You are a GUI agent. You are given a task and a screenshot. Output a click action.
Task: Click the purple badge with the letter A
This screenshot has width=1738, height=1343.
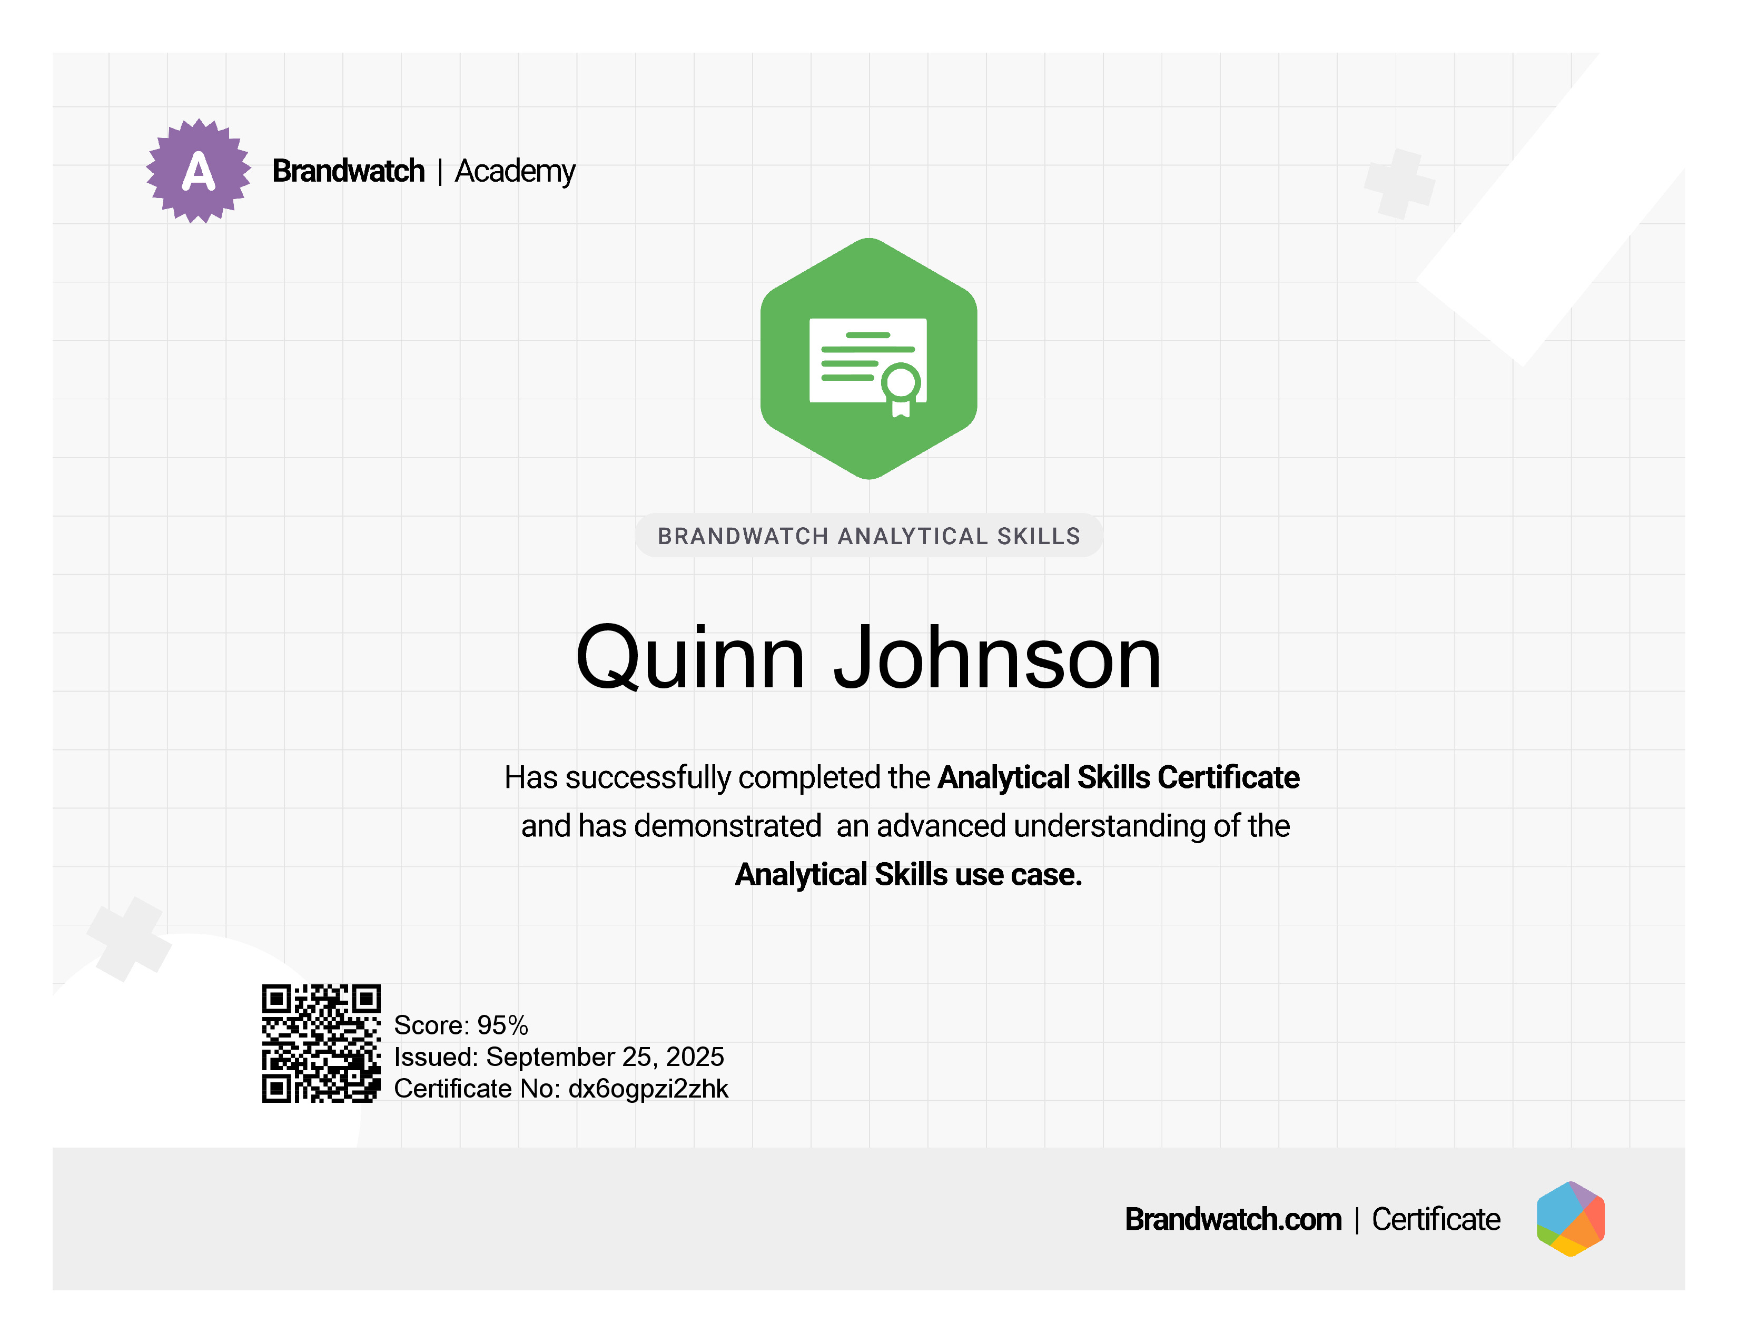tap(198, 171)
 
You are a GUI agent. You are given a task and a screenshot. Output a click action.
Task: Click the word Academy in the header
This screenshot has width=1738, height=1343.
tap(515, 172)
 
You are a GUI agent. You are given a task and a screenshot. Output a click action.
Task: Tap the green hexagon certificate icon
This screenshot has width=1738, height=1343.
tap(869, 359)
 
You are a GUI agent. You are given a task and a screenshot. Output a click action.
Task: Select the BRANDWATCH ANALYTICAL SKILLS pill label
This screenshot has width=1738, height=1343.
tap(869, 536)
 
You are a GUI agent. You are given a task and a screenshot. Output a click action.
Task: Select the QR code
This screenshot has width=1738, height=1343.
tap(321, 1043)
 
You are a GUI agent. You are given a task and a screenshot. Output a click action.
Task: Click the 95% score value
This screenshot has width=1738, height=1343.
tap(503, 1025)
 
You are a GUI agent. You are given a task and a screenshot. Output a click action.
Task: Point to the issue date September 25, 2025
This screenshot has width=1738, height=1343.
tap(605, 1056)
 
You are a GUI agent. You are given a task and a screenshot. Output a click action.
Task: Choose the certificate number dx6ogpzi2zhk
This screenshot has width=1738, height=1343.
tap(648, 1089)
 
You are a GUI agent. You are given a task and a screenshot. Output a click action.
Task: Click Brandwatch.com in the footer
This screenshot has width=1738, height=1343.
tap(1233, 1219)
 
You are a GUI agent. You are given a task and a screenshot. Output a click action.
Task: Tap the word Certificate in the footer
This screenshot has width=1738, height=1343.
tap(1436, 1219)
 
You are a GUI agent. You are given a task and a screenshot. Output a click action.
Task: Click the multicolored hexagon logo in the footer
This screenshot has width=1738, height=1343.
tap(1570, 1219)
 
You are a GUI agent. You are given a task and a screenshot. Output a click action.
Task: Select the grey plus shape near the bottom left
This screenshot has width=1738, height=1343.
tap(129, 939)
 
